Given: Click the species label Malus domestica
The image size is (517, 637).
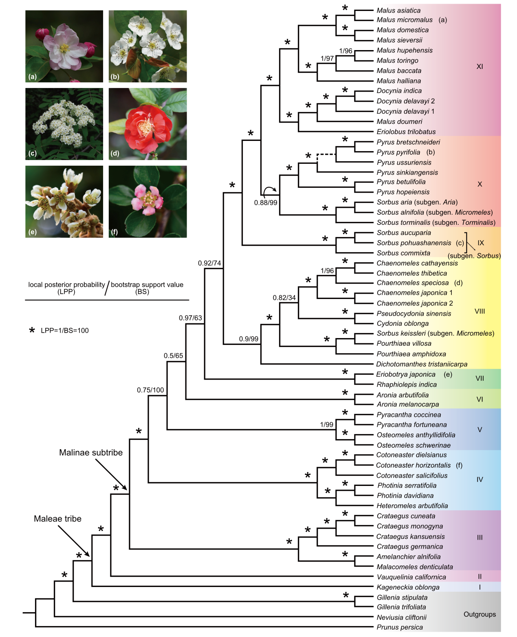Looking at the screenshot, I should pyautogui.click(x=402, y=30).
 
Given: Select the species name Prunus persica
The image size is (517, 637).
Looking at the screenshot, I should pyautogui.click(x=399, y=627).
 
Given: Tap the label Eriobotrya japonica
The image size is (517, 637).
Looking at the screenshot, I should pyautogui.click(x=405, y=374).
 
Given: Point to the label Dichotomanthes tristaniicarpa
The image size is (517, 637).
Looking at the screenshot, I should pyautogui.click(x=421, y=364).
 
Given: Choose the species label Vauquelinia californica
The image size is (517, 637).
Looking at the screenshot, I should pyautogui.click(x=411, y=577).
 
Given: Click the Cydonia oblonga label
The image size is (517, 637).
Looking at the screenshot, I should pyautogui.click(x=402, y=323).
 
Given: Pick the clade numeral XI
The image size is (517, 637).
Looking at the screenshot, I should pyautogui.click(x=480, y=66).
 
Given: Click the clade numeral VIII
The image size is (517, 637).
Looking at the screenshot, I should pyautogui.click(x=480, y=311).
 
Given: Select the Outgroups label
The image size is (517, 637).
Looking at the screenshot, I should pyautogui.click(x=480, y=614).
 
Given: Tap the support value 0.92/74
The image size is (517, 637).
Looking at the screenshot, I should pyautogui.click(x=209, y=263).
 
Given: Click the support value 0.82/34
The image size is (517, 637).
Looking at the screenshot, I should pyautogui.click(x=284, y=298).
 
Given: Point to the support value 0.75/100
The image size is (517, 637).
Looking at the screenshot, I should pyautogui.click(x=150, y=390).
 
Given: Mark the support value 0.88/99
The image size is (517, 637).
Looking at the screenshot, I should pyautogui.click(x=266, y=202).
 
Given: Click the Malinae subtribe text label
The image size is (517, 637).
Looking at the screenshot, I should pyautogui.click(x=91, y=452).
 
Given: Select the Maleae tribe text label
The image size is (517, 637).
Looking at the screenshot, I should pyautogui.click(x=57, y=518).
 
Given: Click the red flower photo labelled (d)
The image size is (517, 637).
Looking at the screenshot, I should pyautogui.click(x=147, y=124).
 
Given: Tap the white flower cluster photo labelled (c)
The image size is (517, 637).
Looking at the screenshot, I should pyautogui.click(x=64, y=124).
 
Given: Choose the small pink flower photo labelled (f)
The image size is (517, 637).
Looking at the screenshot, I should pyautogui.click(x=147, y=201).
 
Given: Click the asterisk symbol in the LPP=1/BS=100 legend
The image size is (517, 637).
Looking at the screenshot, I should pyautogui.click(x=32, y=330).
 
